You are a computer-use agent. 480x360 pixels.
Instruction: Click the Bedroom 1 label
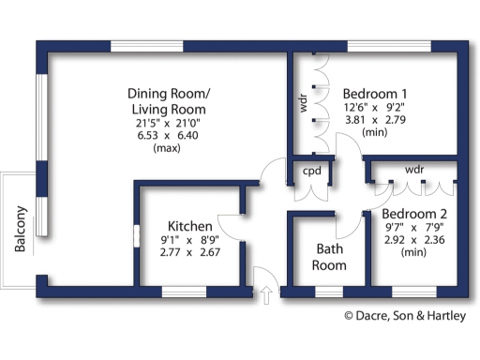375,94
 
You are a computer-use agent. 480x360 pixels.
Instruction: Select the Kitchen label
190,226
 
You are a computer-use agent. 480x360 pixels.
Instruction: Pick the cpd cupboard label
309,172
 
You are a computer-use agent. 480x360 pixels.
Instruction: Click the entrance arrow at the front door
266,295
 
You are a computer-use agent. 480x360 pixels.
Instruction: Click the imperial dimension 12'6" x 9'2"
375,107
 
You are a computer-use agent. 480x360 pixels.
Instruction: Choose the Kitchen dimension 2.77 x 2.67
189,252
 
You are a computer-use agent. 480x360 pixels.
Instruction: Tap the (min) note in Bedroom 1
375,133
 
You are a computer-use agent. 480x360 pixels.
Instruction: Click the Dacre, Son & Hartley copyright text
403,317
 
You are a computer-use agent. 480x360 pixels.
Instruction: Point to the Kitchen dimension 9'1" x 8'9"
189,239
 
